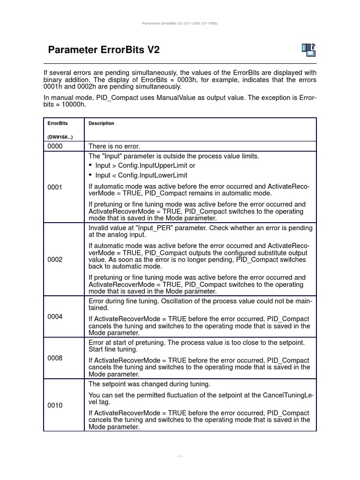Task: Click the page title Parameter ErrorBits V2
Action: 104,50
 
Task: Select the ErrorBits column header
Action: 58,123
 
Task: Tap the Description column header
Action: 101,123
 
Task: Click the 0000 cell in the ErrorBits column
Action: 55,147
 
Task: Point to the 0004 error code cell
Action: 55,316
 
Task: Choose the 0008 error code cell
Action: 55,358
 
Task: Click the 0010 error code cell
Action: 55,405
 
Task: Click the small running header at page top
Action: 180,23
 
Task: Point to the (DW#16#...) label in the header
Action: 60,137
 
